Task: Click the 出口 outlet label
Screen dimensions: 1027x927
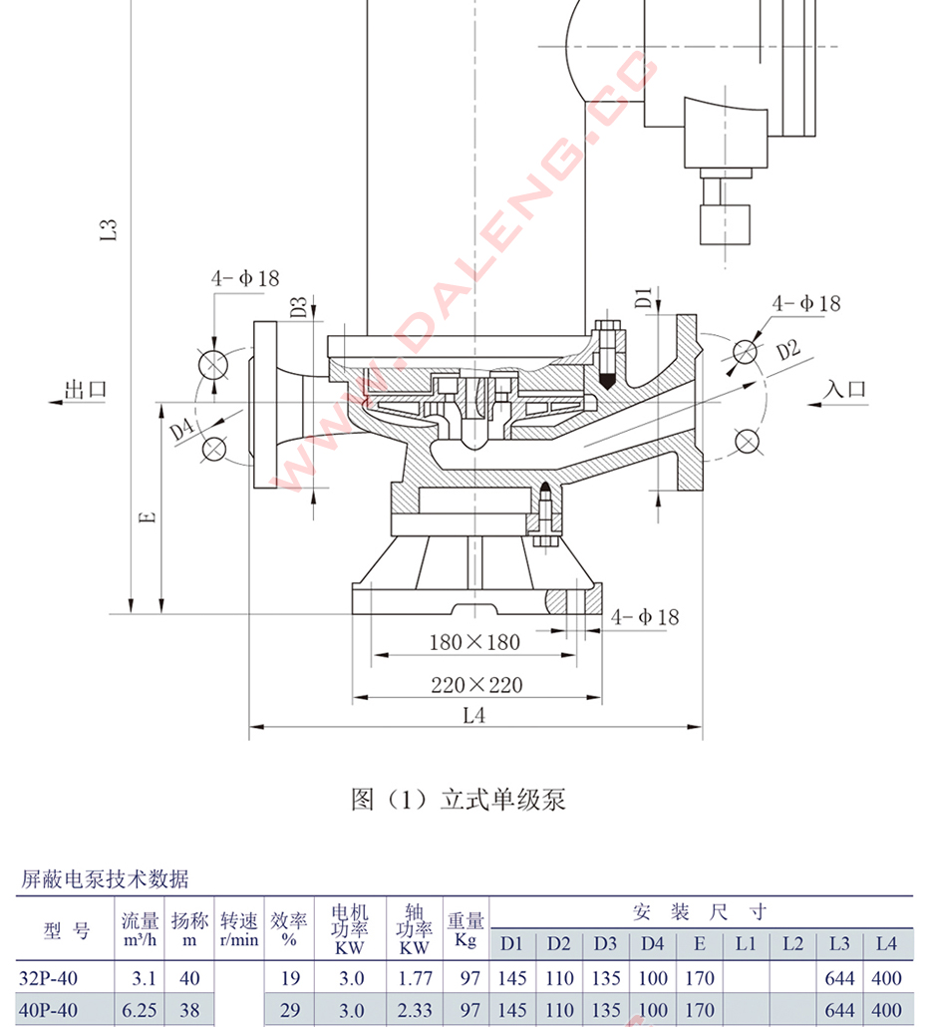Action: click(85, 390)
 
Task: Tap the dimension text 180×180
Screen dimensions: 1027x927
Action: click(474, 642)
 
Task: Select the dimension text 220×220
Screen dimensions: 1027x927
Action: click(475, 685)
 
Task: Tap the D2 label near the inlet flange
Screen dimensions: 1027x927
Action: click(787, 350)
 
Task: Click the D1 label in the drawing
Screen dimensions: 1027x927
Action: click(644, 296)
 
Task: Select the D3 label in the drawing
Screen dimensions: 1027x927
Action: click(298, 307)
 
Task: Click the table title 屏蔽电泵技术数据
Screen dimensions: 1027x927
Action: click(105, 879)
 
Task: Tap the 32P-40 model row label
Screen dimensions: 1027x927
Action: click(48, 979)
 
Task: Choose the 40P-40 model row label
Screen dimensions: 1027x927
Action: click(48, 1011)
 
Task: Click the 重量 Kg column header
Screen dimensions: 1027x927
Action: click(465, 929)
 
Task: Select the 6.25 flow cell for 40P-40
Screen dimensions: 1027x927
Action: click(139, 1011)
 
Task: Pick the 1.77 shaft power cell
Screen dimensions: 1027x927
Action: click(415, 979)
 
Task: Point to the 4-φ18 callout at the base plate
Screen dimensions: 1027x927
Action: click(645, 617)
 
